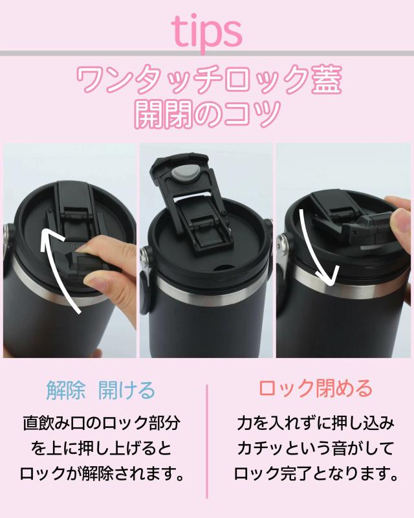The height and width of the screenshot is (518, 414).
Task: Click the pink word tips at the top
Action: click(x=207, y=32)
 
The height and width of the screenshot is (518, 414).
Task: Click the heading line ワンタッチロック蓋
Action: click(x=209, y=80)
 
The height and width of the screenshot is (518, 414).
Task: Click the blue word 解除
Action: click(x=66, y=390)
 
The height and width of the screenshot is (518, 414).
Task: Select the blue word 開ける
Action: click(x=127, y=390)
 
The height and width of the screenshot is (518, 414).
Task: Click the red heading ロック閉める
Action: click(x=315, y=388)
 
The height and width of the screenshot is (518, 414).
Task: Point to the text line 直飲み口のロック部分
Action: click(x=102, y=423)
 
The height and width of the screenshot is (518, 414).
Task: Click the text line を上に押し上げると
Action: click(x=102, y=449)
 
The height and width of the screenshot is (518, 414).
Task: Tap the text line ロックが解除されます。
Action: click(x=102, y=474)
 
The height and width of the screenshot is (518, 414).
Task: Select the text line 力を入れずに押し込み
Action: click(x=316, y=423)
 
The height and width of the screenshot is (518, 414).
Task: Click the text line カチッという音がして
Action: click(x=316, y=449)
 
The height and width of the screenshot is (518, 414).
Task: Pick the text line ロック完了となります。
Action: click(x=316, y=474)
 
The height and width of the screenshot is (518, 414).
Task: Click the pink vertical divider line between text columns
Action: click(x=207, y=441)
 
